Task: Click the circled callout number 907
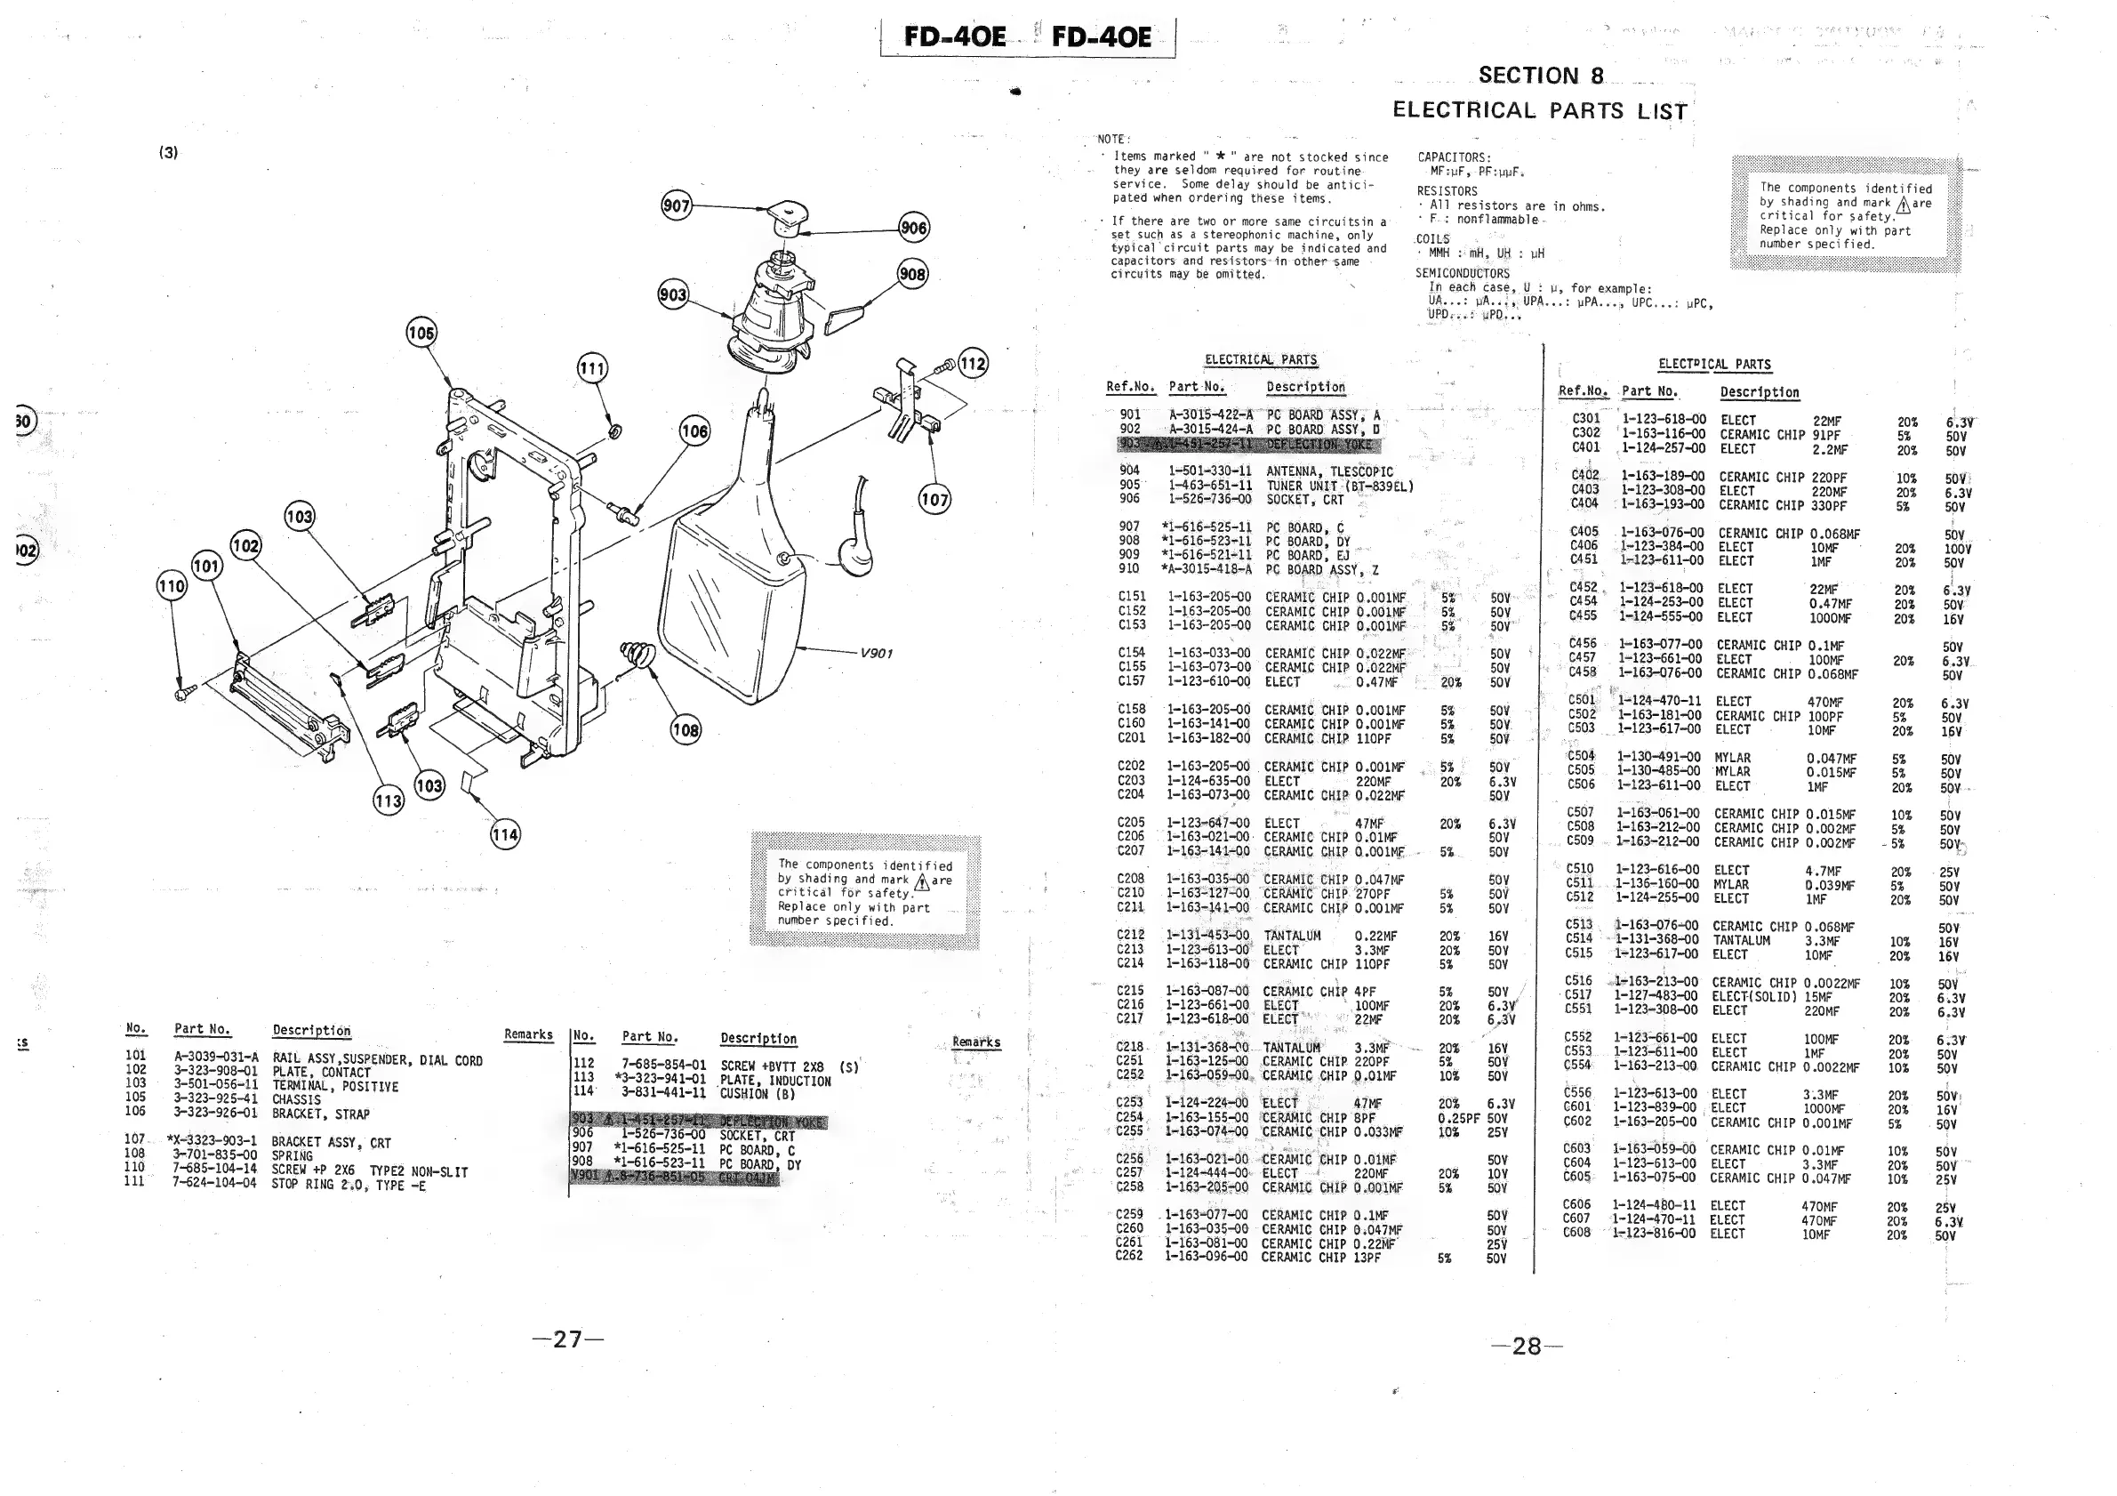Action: click(x=676, y=205)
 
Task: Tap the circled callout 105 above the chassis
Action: click(x=421, y=333)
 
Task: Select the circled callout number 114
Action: click(x=505, y=836)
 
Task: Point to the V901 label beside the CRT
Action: click(x=876, y=653)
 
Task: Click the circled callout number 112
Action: click(x=973, y=364)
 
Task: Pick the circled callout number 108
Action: click(x=686, y=730)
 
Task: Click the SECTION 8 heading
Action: click(x=1541, y=76)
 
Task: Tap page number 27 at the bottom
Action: click(x=568, y=1339)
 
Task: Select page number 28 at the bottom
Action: click(x=1526, y=1347)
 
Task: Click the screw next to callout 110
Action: click(x=184, y=689)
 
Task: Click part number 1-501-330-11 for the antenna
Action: click(x=1210, y=471)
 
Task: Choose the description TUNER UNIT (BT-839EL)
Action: click(x=1339, y=486)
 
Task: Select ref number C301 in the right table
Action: click(x=1586, y=419)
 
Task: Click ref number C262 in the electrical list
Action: click(x=1129, y=1256)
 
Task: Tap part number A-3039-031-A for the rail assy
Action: click(x=216, y=1057)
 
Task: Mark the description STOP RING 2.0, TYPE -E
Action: click(x=349, y=1186)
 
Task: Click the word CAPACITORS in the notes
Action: click(x=1453, y=157)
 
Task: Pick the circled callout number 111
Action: click(x=592, y=369)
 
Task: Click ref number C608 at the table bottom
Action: click(x=1576, y=1232)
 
